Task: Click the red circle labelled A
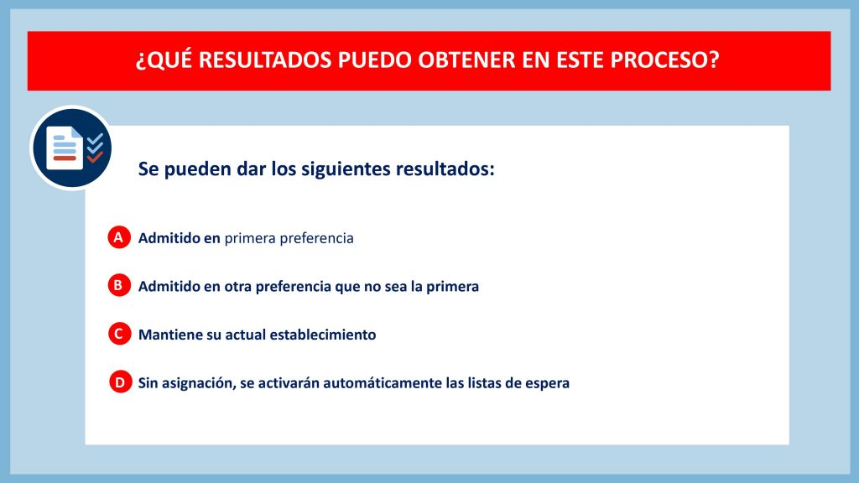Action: click(x=119, y=237)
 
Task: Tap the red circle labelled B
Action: click(x=119, y=285)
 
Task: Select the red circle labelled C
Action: click(x=119, y=334)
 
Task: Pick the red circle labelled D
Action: click(x=120, y=382)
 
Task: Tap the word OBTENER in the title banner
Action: click(x=466, y=60)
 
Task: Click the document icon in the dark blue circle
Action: click(x=64, y=148)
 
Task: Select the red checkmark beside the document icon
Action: click(x=95, y=157)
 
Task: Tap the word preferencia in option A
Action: click(x=316, y=238)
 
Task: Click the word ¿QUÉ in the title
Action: click(x=164, y=60)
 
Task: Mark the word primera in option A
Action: click(x=250, y=238)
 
